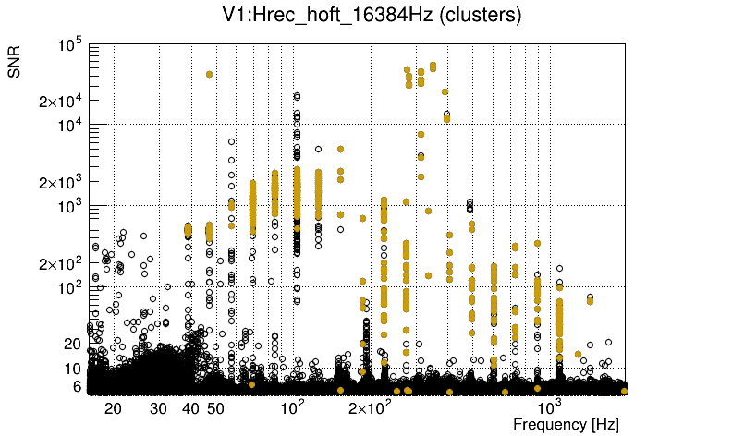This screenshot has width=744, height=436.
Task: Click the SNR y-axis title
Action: coord(16,61)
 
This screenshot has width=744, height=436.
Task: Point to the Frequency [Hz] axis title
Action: coord(566,424)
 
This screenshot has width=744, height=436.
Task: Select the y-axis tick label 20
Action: coord(73,344)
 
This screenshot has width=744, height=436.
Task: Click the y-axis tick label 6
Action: coord(78,387)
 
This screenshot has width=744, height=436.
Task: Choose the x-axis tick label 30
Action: coord(158,408)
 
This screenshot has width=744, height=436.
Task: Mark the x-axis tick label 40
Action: coord(190,408)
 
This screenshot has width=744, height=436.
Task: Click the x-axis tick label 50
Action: coord(214,408)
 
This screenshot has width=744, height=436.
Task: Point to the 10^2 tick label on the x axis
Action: coord(293,406)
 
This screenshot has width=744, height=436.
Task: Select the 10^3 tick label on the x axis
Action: coord(551,406)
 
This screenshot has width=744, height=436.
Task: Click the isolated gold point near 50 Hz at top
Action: coord(209,74)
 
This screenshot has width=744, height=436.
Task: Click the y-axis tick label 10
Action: coord(73,369)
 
